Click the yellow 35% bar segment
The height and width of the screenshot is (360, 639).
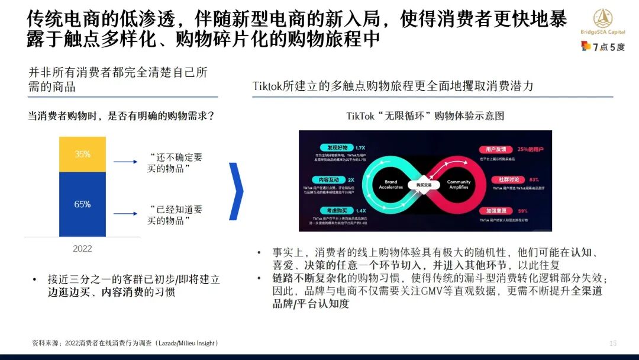[82, 154]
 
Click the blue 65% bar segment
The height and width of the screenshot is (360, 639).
[82, 204]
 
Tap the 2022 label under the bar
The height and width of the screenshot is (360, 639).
[82, 249]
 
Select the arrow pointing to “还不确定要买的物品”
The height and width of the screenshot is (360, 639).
[126, 162]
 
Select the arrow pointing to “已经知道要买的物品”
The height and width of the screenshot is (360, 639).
[126, 214]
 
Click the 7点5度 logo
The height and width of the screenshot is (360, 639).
[603, 47]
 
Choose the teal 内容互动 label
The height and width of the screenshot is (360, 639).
[323, 179]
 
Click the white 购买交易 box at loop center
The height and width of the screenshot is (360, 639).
[425, 184]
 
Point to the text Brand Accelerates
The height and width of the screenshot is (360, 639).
[390, 185]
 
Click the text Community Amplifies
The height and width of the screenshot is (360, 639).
[459, 185]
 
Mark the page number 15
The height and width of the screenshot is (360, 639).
[613, 343]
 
